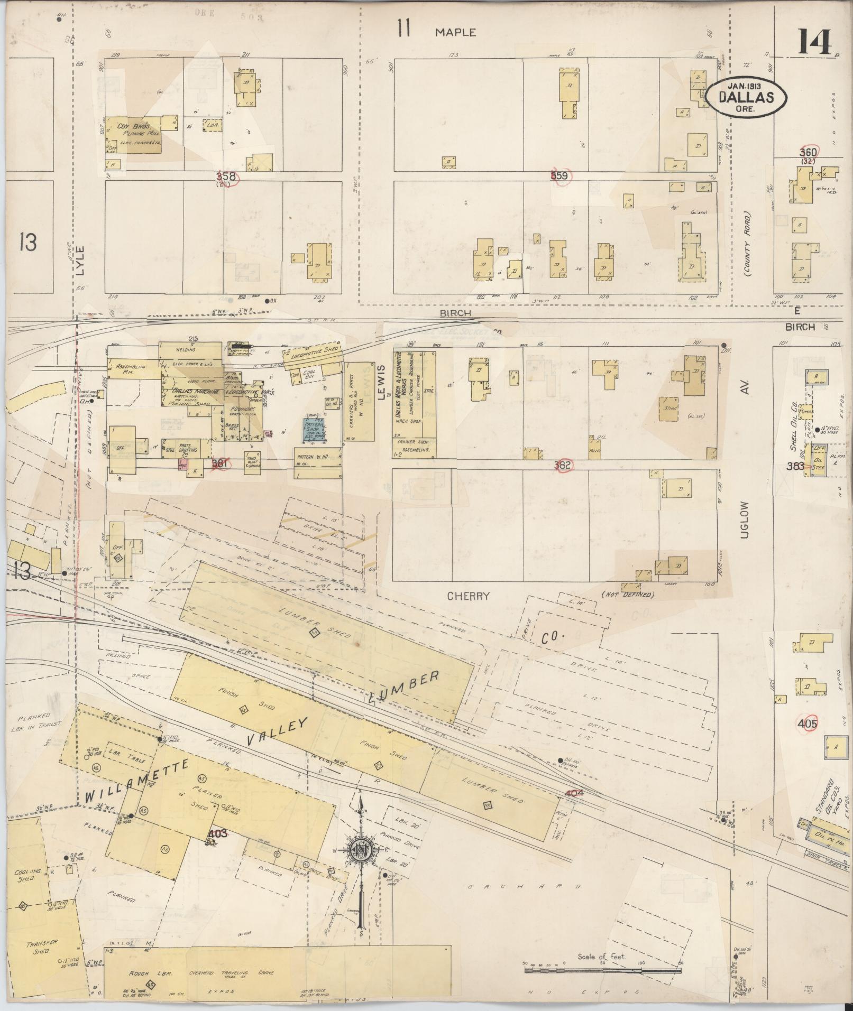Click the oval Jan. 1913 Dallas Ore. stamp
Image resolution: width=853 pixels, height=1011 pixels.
[x=746, y=97]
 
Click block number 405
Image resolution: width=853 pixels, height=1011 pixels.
[x=809, y=724]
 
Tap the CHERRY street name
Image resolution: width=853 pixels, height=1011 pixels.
[x=468, y=596]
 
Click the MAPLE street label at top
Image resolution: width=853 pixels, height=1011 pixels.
[x=455, y=33]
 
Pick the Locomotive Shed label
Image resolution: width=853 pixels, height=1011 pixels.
[x=311, y=355]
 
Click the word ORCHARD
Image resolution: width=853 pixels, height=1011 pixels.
[x=525, y=886]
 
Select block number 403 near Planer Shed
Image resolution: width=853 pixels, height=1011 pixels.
[x=218, y=833]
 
